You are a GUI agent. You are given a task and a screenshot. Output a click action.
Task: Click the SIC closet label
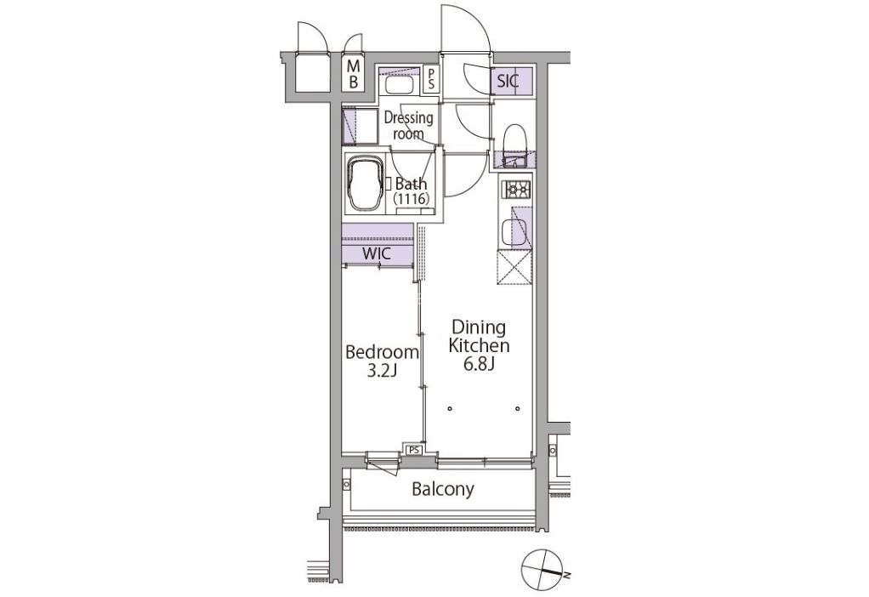pyautogui.click(x=508, y=81)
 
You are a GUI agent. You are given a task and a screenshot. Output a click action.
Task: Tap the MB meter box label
pyautogui.click(x=354, y=75)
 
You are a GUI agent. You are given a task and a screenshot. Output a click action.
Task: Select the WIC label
pyautogui.click(x=377, y=254)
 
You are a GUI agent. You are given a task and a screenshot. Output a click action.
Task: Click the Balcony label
pyautogui.click(x=443, y=490)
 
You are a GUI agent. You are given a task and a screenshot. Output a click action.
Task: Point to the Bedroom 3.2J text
pyautogui.click(x=382, y=361)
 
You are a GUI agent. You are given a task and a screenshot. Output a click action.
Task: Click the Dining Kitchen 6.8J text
pyautogui.click(x=479, y=344)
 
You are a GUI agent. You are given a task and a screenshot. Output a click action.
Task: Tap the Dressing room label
pyautogui.click(x=408, y=125)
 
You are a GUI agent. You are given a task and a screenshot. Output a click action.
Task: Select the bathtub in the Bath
pyautogui.click(x=365, y=183)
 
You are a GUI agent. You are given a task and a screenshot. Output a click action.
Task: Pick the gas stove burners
pyautogui.click(x=516, y=190)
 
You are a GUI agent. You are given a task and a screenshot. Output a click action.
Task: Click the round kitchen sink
pyautogui.click(x=508, y=232)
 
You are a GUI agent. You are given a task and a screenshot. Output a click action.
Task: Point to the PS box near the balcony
pyautogui.click(x=414, y=450)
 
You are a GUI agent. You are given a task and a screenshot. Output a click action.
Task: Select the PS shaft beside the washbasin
pyautogui.click(x=431, y=79)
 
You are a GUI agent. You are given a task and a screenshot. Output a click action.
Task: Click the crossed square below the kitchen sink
pyautogui.click(x=514, y=267)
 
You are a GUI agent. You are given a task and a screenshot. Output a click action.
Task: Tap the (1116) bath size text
pyautogui.click(x=412, y=198)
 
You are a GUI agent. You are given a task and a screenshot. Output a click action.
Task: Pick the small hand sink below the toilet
pyautogui.click(x=514, y=162)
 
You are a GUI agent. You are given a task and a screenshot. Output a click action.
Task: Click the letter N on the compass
pyautogui.click(x=566, y=576)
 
